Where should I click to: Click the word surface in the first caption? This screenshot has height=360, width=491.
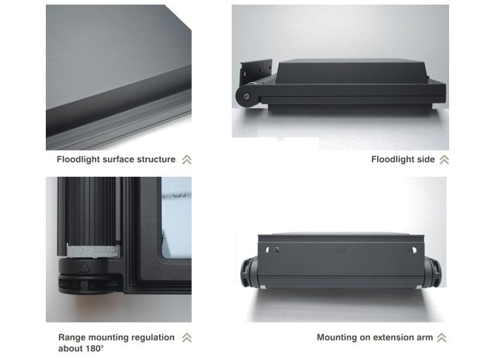tap(117, 159)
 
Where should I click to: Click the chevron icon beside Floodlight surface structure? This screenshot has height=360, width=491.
tap(187, 160)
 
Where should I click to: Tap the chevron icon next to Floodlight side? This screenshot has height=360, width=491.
tap(444, 160)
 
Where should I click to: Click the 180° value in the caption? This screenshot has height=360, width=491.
tap(94, 348)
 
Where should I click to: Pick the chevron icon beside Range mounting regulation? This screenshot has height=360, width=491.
tap(187, 338)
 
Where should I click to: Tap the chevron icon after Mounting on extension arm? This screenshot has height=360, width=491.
tap(441, 338)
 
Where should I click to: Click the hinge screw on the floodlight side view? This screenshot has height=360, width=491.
tap(247, 97)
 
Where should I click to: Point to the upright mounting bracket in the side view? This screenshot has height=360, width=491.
tap(255, 73)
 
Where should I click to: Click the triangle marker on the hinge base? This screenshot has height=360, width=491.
tap(84, 267)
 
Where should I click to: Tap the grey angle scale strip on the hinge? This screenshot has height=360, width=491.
tap(93, 251)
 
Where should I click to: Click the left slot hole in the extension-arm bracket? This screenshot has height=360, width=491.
tap(272, 249)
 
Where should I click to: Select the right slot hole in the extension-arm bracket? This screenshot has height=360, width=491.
tap(413, 250)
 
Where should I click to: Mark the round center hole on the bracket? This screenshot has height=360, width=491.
tap(340, 249)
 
